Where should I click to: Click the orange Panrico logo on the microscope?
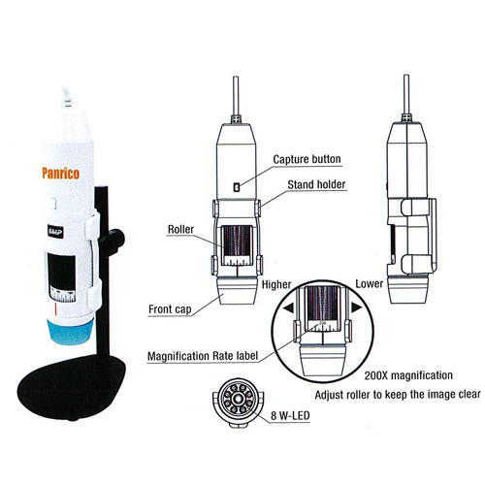click(x=61, y=173)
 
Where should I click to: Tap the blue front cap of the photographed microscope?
click(x=71, y=332)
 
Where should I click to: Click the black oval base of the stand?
click(x=71, y=387)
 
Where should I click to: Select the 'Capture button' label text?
click(x=307, y=159)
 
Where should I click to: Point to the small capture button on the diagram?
click(x=237, y=187)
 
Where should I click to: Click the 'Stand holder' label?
click(x=316, y=184)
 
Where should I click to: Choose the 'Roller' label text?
click(x=180, y=229)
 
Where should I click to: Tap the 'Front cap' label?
click(x=170, y=309)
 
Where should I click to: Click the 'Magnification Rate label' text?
click(x=203, y=356)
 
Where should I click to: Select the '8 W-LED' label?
click(x=290, y=415)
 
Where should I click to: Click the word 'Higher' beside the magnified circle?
click(x=276, y=284)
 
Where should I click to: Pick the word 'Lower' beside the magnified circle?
click(x=370, y=284)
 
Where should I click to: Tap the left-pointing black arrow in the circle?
click(x=288, y=307)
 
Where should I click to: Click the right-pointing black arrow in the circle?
click(x=356, y=307)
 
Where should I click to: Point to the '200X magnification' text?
click(x=408, y=375)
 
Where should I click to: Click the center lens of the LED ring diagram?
click(x=238, y=400)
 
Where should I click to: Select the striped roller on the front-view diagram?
click(x=237, y=241)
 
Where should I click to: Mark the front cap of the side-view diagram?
click(x=408, y=289)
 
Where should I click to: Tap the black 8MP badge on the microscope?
click(x=55, y=232)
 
